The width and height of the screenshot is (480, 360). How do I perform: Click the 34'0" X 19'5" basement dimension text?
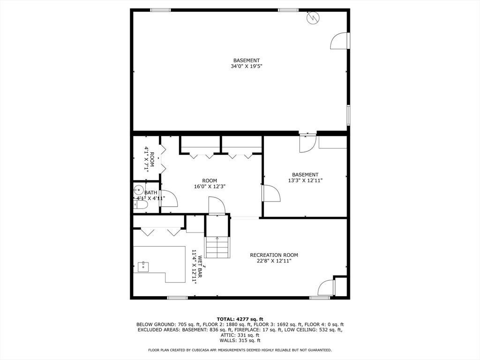pos(247,66)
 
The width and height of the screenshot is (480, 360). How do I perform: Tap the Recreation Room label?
pos(274,255)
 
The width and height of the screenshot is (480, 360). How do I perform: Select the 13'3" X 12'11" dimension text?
pos(305,180)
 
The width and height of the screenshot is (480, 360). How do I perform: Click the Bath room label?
pos(150,193)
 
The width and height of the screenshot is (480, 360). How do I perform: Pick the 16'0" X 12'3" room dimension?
pos(210,187)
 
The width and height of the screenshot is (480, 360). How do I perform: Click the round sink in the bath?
pos(138,190)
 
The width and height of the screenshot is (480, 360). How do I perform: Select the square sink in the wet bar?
pos(143,267)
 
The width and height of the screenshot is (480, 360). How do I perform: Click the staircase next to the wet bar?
pos(217,247)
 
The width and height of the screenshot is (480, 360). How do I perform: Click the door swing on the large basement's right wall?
pos(340,41)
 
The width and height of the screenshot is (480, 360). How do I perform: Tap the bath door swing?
pos(169,198)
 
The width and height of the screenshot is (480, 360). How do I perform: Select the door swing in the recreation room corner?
pos(326,288)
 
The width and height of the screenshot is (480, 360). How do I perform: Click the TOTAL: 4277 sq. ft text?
pos(240,319)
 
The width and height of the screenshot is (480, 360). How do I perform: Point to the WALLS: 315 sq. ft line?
pos(240,340)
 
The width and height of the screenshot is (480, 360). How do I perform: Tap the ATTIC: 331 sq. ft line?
pos(240,335)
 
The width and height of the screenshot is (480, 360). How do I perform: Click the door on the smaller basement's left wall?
pos(271,193)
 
